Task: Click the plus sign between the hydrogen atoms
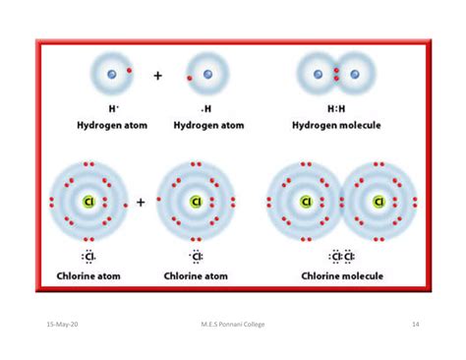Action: click(x=157, y=75)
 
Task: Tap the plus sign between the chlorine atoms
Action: click(x=141, y=202)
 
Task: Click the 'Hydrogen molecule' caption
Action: click(x=337, y=126)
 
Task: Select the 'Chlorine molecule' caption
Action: click(x=342, y=276)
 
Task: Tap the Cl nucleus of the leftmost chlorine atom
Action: click(x=88, y=202)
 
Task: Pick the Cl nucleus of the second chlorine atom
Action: click(x=196, y=202)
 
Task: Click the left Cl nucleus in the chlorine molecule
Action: click(x=306, y=202)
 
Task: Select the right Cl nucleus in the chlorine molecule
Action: click(x=379, y=202)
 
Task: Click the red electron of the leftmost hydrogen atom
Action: click(x=129, y=70)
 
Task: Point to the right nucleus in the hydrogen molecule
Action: click(x=355, y=74)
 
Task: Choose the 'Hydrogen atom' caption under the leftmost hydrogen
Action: click(x=111, y=126)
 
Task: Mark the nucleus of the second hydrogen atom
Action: click(x=207, y=74)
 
